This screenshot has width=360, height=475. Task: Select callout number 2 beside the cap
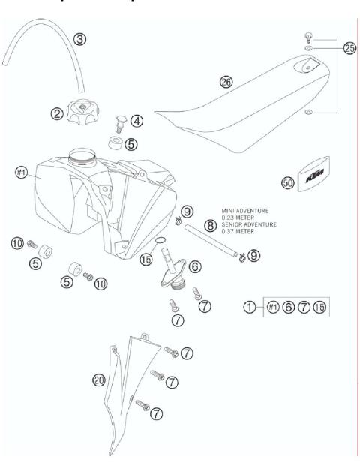tap(57, 114)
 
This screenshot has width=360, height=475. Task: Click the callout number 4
tap(137, 120)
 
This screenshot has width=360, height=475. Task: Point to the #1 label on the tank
tap(22, 172)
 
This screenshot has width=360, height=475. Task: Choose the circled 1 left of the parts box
tap(250, 307)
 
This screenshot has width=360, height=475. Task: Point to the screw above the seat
tap(307, 35)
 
